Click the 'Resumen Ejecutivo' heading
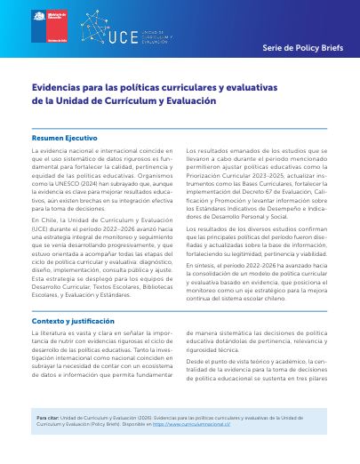point(65,139)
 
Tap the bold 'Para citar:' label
point(50,416)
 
